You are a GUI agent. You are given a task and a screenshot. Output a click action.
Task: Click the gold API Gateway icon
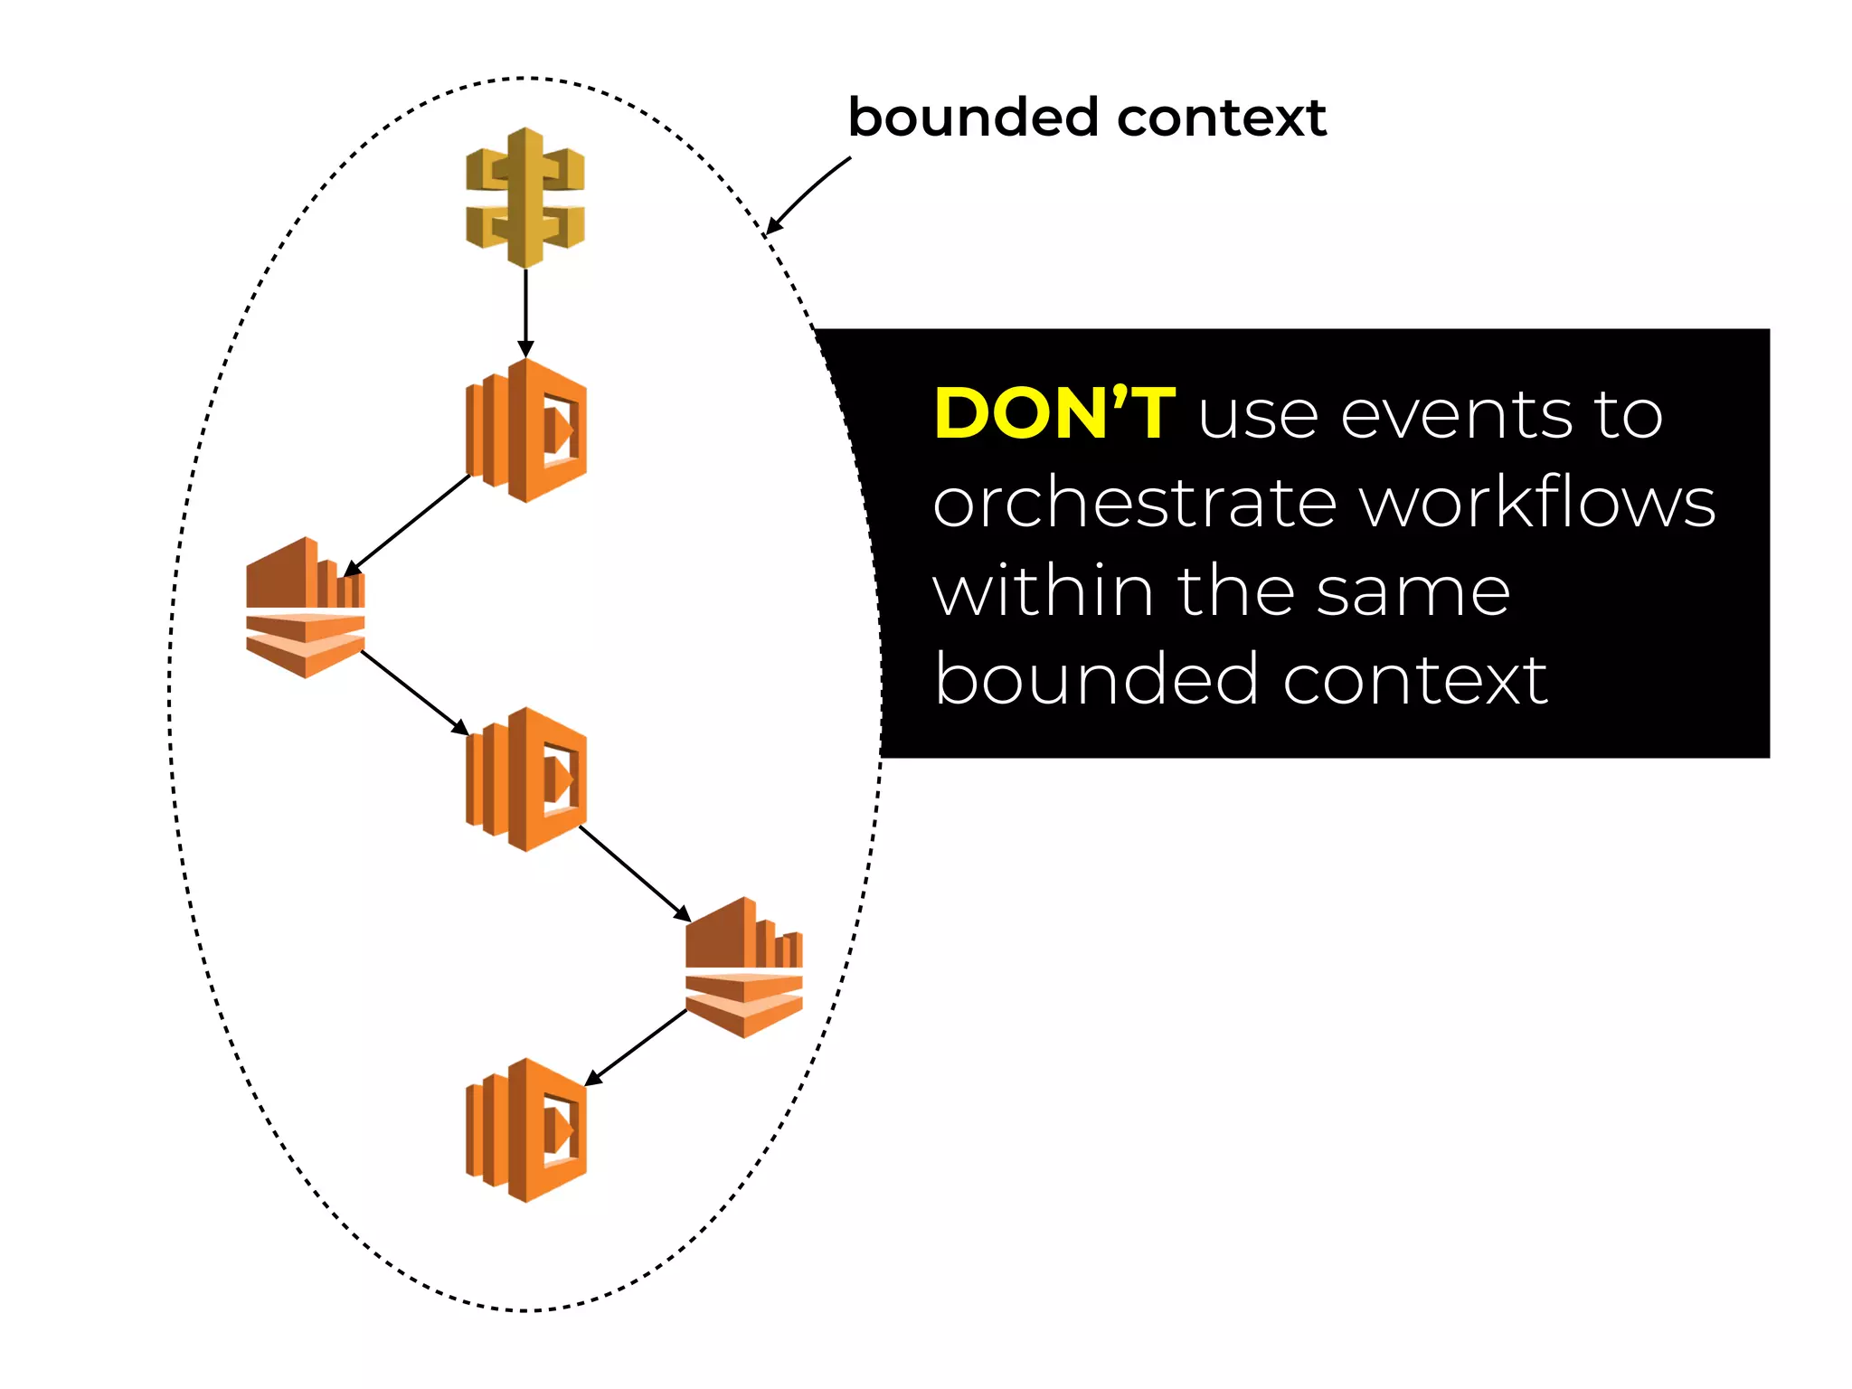(525, 198)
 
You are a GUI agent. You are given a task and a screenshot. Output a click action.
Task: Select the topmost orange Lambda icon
(526, 430)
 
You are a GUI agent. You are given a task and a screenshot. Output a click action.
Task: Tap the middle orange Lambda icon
(526, 780)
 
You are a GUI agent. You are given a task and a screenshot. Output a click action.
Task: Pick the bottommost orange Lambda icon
(526, 1130)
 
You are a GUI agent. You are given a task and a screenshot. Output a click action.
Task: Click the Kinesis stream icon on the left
(306, 608)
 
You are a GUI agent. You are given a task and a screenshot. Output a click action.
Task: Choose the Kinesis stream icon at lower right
(744, 968)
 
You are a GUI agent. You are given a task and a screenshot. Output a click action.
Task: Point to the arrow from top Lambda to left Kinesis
(407, 525)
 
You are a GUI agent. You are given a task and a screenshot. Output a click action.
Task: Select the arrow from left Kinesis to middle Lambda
(415, 693)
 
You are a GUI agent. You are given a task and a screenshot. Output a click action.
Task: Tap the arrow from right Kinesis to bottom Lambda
(636, 1047)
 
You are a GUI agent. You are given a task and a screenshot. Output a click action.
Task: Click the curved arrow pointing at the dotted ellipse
(808, 194)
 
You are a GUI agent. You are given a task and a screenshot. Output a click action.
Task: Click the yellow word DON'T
(1054, 414)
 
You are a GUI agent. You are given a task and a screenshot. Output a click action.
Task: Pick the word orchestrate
(1135, 503)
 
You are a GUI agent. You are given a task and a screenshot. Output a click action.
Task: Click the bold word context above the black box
(1222, 118)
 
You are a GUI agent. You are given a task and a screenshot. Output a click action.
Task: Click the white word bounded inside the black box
(1094, 679)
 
